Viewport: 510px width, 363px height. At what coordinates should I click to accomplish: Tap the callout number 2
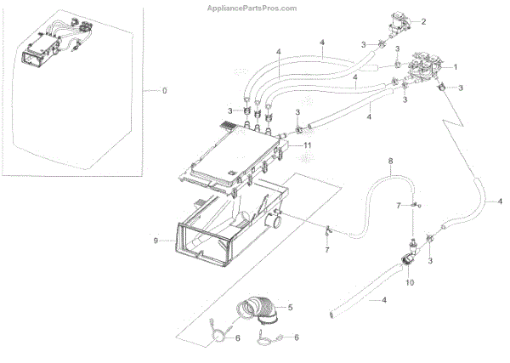448,20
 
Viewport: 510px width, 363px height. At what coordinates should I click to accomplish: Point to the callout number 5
290,306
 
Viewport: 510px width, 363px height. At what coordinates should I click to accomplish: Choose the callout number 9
156,241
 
